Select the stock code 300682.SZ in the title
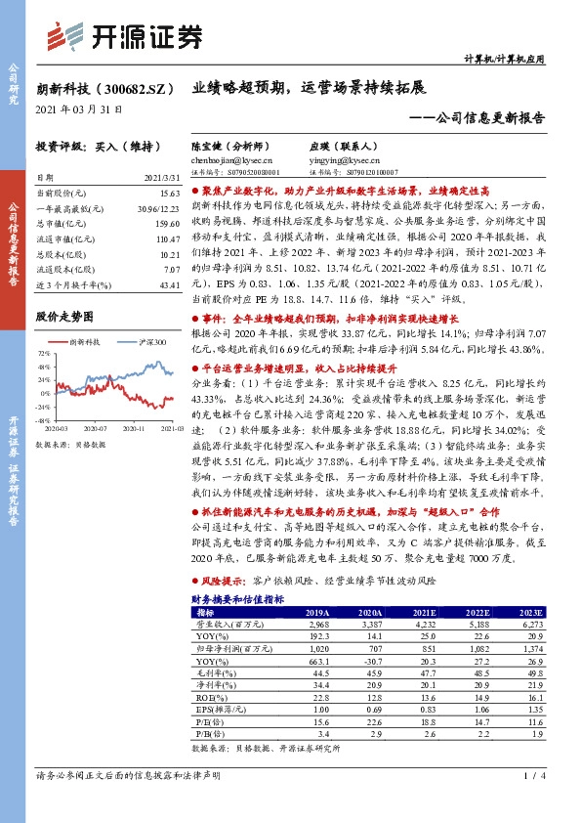click(132, 87)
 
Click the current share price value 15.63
click(171, 195)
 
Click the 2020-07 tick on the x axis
click(95, 427)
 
